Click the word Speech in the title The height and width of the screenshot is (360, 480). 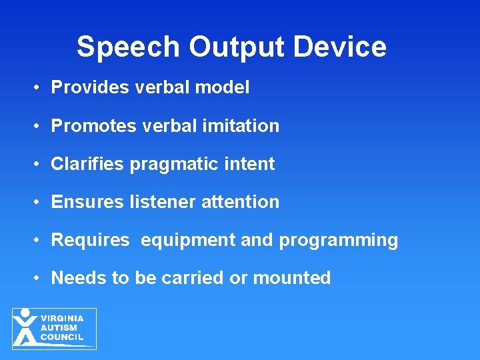127,47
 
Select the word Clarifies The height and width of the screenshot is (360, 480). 88,164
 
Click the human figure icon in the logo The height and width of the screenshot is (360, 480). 25,327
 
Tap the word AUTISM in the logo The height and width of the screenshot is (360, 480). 59,328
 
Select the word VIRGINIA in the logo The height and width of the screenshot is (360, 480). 62,319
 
